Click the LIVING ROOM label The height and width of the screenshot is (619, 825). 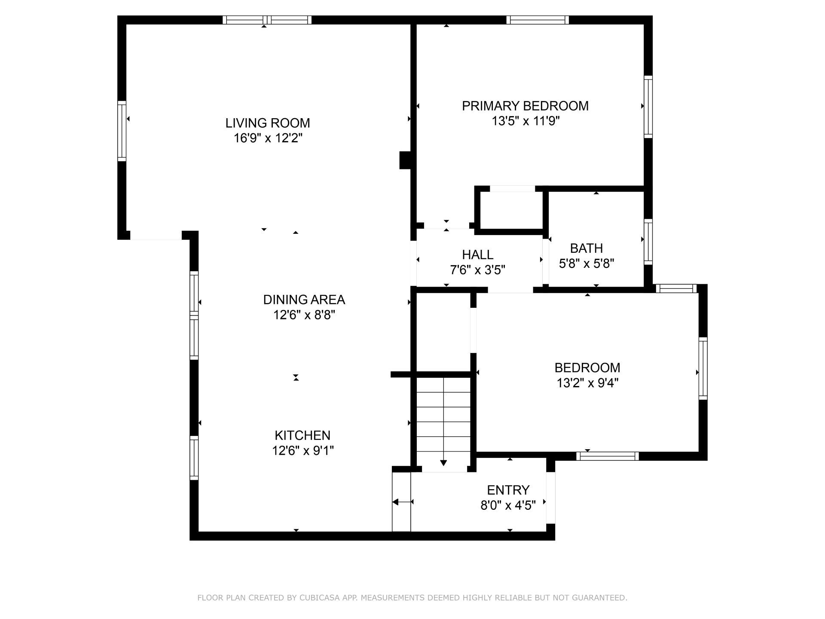coord(267,123)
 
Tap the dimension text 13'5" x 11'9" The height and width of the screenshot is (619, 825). coord(526,121)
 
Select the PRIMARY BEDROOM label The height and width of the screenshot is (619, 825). coord(525,106)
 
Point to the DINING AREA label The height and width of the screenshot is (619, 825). coord(304,300)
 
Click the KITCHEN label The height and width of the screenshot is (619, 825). coord(302,435)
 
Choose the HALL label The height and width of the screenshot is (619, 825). coord(477,255)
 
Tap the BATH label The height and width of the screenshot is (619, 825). coord(586,248)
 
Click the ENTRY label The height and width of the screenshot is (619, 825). coord(508,490)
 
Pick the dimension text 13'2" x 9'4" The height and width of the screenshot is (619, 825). coord(587,383)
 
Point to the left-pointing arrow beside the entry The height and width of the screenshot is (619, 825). coord(402,502)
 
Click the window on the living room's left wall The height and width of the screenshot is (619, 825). coord(122,131)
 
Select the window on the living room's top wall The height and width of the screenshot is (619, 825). coord(267,20)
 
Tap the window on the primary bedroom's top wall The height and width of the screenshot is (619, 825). coord(538,20)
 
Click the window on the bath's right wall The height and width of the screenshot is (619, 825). coord(648,242)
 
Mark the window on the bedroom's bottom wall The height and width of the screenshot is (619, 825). coord(608,456)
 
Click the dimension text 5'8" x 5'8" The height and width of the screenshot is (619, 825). coord(587,264)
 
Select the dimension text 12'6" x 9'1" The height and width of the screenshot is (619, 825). coord(303,450)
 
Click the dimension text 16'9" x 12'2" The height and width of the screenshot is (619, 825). coord(268,138)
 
